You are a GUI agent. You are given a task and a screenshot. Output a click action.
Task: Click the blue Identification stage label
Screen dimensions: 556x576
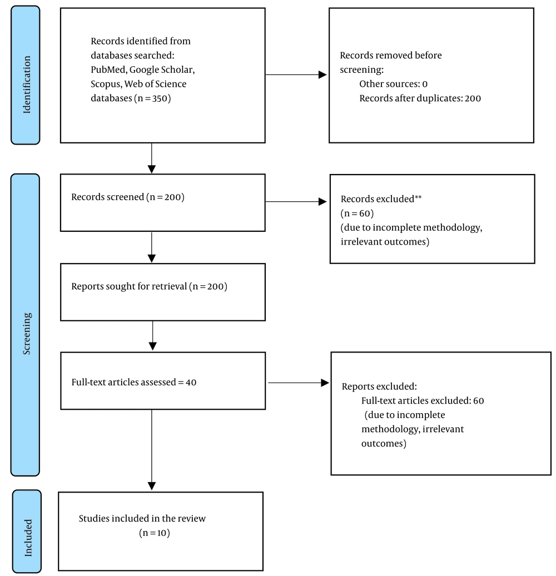click(26, 75)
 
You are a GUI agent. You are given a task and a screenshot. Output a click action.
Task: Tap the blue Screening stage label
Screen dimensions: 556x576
click(26, 325)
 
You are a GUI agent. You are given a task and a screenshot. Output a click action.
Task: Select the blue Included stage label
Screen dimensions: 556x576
click(27, 531)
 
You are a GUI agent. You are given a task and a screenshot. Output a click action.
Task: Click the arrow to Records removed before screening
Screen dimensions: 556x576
click(296, 75)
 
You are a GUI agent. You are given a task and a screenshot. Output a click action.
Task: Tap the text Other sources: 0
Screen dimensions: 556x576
click(393, 84)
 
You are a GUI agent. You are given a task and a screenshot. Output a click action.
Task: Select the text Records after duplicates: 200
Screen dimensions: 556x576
click(420, 98)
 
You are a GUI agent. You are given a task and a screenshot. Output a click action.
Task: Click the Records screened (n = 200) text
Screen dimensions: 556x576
click(128, 197)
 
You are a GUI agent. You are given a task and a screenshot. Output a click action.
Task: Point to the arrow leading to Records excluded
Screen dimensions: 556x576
click(296, 201)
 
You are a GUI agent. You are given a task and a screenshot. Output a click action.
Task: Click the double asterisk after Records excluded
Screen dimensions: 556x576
click(418, 197)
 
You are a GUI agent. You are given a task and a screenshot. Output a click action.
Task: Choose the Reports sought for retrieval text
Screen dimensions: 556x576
click(149, 286)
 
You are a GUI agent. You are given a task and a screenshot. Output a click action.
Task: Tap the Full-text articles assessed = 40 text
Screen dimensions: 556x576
click(133, 382)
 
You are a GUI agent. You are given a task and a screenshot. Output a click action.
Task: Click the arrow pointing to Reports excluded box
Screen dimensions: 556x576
click(299, 383)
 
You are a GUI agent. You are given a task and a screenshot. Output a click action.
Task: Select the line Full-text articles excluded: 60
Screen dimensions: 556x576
click(423, 400)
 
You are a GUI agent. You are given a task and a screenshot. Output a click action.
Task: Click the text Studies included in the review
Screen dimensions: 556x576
click(142, 518)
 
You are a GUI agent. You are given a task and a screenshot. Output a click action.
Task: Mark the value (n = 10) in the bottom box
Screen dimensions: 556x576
click(155, 533)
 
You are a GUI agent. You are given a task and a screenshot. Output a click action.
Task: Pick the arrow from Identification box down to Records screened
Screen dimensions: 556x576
click(152, 158)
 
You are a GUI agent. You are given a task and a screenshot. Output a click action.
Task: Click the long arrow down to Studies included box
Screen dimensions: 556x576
click(152, 450)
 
